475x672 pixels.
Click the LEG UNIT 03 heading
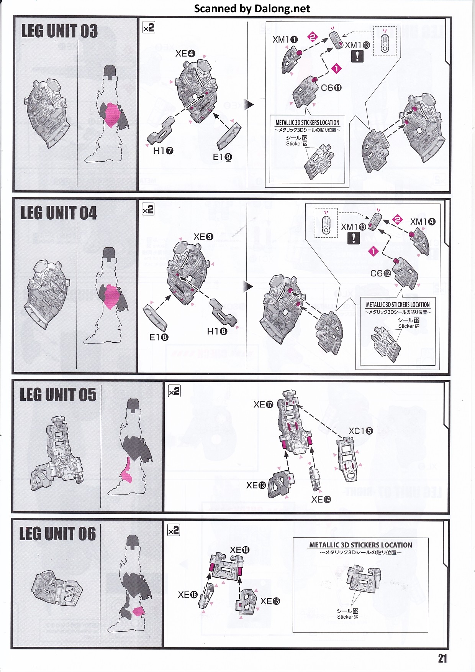59,31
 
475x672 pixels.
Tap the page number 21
442,659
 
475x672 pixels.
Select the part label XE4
185,54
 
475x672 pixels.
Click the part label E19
223,157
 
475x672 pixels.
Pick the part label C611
331,88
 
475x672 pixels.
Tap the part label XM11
285,39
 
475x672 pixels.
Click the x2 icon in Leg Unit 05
174,391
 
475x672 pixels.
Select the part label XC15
360,431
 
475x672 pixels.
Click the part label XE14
321,499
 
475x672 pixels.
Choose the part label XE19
239,550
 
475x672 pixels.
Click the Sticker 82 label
348,617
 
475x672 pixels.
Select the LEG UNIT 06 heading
57,534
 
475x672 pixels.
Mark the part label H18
217,331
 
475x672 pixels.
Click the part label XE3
203,237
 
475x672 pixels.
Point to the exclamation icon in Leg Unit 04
354,238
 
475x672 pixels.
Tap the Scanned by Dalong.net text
252,8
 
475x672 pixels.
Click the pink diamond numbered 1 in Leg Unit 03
336,69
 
